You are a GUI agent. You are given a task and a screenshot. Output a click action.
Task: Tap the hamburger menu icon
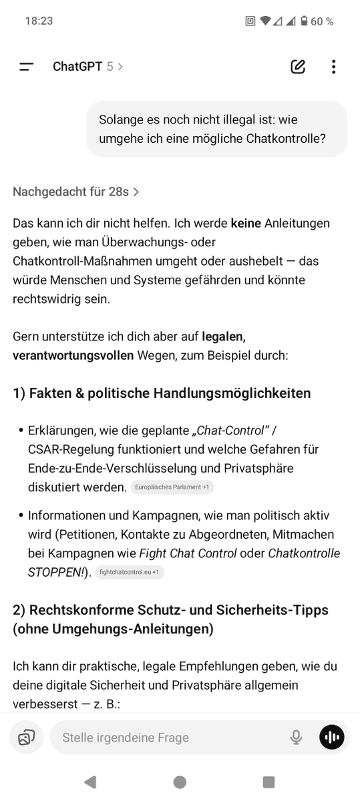[x=27, y=67]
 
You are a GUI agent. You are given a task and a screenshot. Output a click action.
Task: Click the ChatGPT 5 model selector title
[x=87, y=67]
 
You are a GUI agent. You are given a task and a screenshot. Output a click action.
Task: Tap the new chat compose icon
[x=298, y=67]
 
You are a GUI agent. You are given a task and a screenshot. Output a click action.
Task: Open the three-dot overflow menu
[x=333, y=67]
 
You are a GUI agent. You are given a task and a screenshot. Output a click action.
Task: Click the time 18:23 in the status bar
[x=39, y=21]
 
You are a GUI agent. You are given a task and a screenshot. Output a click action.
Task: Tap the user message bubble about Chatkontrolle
[x=216, y=129]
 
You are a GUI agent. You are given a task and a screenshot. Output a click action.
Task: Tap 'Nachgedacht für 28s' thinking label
[x=75, y=192]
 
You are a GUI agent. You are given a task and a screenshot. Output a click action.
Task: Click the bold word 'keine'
[x=246, y=223]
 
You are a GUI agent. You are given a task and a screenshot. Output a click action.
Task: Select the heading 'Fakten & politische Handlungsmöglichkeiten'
[x=162, y=393]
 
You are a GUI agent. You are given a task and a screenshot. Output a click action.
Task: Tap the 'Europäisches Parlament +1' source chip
[x=172, y=487]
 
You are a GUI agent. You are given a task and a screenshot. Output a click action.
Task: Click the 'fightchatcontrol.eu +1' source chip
[x=130, y=572]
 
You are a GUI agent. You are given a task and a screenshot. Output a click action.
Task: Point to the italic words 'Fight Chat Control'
[x=188, y=553]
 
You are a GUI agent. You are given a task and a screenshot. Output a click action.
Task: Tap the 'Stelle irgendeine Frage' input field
[x=167, y=738]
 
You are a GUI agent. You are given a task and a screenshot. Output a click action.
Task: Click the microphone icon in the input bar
[x=296, y=738]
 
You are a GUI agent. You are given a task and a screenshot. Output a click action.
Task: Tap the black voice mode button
[x=332, y=738]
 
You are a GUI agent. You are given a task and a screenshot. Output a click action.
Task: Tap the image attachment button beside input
[x=27, y=738]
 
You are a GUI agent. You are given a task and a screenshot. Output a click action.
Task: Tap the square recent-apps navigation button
[x=268, y=782]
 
